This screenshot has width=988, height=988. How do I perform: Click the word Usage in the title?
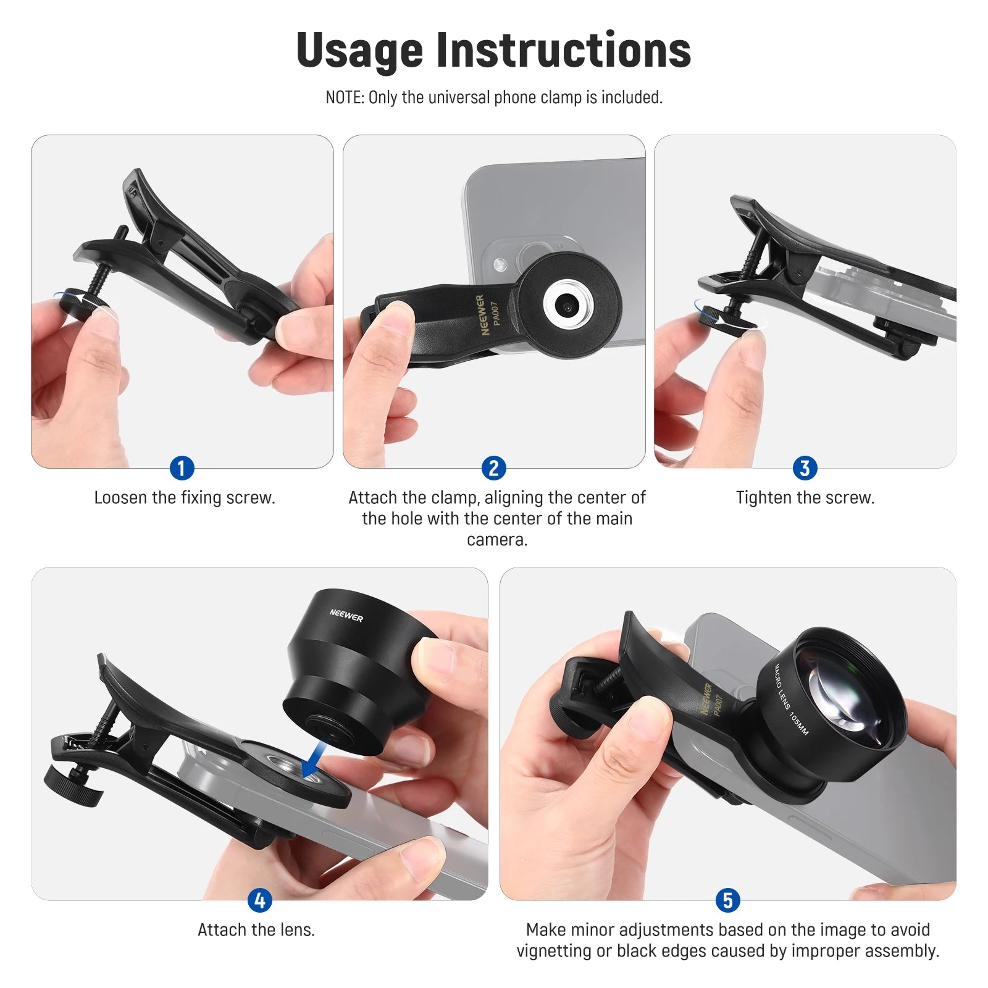click(x=359, y=51)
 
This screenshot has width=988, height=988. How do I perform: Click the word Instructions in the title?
click(x=563, y=51)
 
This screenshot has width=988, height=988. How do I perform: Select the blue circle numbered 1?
click(x=182, y=468)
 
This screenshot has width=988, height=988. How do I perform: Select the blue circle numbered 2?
click(x=493, y=468)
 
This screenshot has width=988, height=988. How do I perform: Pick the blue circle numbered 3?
click(x=805, y=468)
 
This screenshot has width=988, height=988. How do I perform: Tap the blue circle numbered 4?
click(x=259, y=900)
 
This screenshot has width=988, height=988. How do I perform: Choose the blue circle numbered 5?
click(x=727, y=900)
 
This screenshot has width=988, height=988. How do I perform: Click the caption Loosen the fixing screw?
click(x=185, y=498)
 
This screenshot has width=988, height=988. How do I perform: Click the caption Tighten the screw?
click(x=805, y=498)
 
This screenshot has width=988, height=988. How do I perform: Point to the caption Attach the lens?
click(x=256, y=930)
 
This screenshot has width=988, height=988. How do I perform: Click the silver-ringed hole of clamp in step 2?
click(x=567, y=305)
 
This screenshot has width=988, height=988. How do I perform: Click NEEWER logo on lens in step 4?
click(x=346, y=615)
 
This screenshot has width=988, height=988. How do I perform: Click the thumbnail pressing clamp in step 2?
click(x=394, y=316)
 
